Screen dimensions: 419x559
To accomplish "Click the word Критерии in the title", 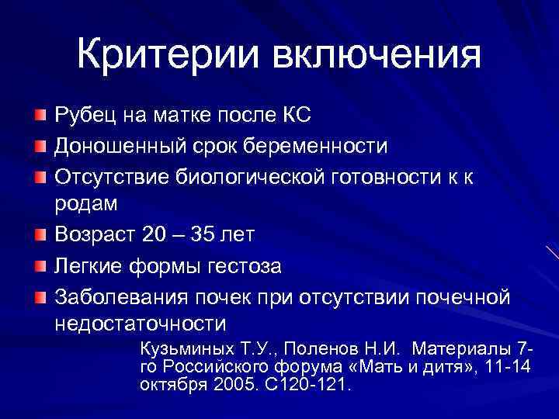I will click(x=166, y=56).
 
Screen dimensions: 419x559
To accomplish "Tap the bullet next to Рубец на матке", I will click(x=40, y=116).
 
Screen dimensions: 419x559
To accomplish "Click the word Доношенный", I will click(x=111, y=146).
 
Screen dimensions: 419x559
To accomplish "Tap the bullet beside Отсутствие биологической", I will click(x=40, y=177).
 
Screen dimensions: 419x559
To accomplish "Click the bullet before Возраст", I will click(x=40, y=234).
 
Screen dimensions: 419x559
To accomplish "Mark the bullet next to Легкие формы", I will click(x=40, y=266).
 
